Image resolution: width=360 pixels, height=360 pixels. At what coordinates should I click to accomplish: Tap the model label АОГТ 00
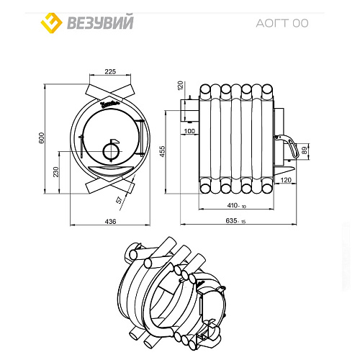coord(282,22)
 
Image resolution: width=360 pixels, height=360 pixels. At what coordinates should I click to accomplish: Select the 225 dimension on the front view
coord(110,71)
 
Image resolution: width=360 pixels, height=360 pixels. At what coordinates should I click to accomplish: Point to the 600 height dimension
coord(42,139)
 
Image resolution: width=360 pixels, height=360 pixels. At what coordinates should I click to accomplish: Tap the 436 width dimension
coord(111,222)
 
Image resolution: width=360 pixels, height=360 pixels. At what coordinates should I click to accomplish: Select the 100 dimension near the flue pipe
coord(189,132)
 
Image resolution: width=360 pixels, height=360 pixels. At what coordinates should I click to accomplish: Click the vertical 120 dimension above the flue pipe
coord(181,85)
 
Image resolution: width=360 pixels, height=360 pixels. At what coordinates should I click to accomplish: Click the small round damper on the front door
coord(110,150)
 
